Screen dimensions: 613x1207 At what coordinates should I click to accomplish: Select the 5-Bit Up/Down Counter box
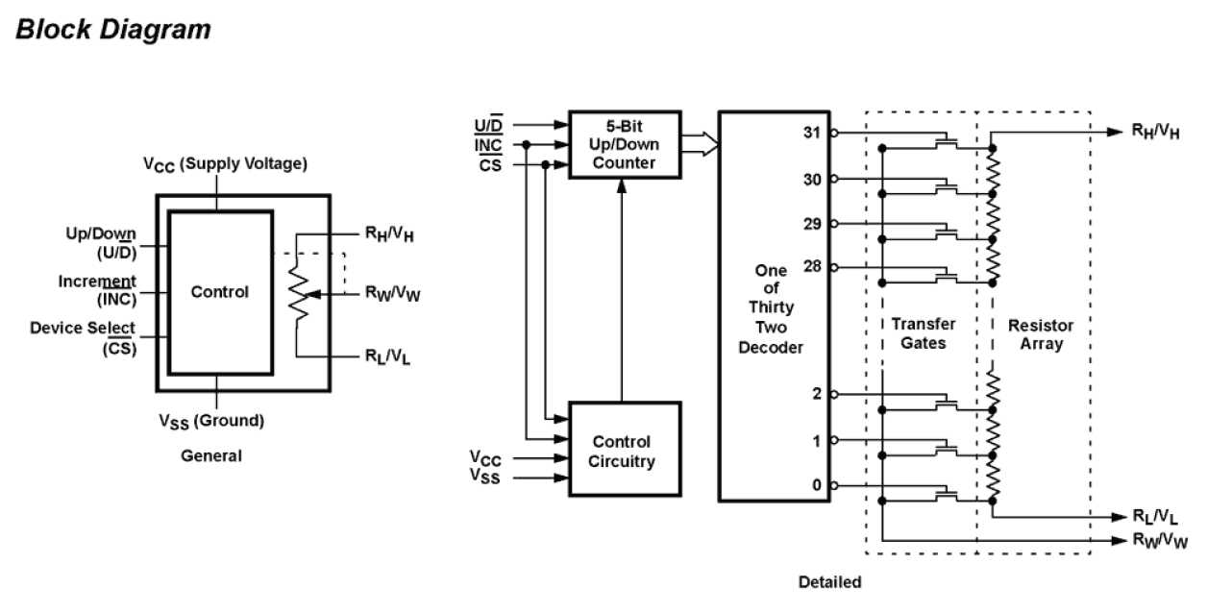[x=624, y=146]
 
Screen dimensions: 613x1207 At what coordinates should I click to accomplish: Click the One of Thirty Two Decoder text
[x=770, y=308]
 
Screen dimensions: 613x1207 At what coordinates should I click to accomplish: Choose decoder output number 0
[x=817, y=485]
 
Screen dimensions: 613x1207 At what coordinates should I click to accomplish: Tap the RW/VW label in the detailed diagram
[x=1159, y=541]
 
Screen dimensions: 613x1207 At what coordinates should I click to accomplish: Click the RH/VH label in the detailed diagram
[x=1159, y=131]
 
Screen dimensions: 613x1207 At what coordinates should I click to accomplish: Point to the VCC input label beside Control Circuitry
[x=486, y=457]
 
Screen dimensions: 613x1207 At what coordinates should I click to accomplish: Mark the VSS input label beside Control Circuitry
[x=486, y=477]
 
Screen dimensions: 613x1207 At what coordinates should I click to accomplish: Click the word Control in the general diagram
[x=219, y=292]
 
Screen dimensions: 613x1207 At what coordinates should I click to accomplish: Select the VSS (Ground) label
[x=211, y=421]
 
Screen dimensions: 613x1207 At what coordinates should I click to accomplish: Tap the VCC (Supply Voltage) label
[x=225, y=164]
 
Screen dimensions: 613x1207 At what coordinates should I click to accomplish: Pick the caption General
[x=211, y=456]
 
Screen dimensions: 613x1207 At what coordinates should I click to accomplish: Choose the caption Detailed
[x=829, y=581]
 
